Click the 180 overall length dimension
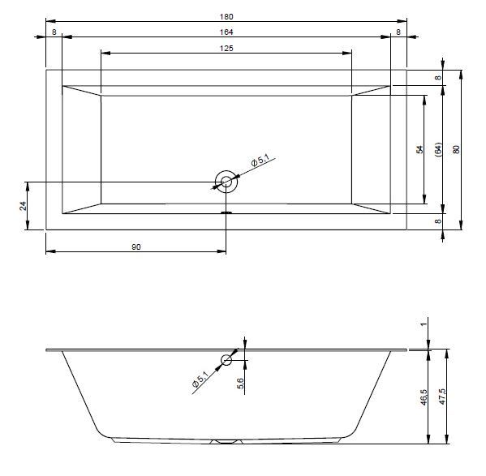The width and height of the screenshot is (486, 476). point(226,17)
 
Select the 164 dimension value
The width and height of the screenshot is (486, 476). point(226,32)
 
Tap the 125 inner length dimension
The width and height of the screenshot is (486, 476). point(226,49)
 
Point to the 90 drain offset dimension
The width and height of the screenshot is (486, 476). point(136,247)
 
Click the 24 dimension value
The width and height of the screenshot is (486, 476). point(23,206)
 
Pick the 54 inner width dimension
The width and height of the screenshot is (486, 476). point(419,149)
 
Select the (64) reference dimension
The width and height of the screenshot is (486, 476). point(438,149)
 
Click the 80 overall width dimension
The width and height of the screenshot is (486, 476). point(456,149)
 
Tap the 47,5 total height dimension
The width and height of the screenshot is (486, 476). point(442,397)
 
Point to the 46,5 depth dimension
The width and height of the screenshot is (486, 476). point(424,397)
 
